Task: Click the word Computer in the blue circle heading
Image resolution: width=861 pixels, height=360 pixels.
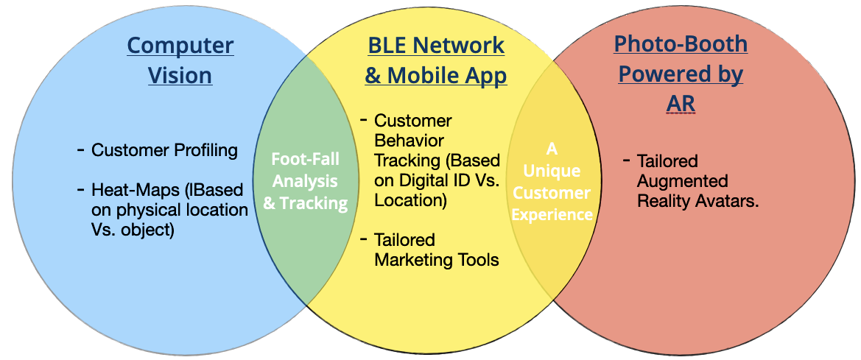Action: point(180,46)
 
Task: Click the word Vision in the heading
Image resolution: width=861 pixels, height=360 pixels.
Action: point(180,75)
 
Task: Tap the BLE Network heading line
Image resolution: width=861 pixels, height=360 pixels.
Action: point(436,45)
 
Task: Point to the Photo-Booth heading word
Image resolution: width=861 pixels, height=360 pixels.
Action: point(681,44)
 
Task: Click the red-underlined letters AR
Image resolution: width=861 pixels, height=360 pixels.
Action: point(681,104)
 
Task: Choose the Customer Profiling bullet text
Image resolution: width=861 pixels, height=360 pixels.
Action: point(164,151)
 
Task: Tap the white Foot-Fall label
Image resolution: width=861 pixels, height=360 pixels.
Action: point(305,159)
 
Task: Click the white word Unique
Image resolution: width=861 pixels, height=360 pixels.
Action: point(552,171)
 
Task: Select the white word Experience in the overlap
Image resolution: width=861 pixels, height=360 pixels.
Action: point(552,214)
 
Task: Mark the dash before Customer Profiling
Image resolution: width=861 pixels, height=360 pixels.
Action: point(80,150)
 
